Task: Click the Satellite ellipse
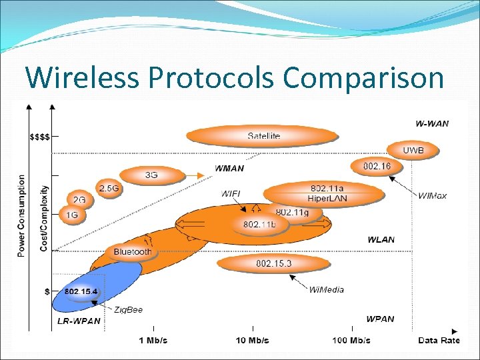tap(263, 136)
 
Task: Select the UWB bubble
tap(413, 151)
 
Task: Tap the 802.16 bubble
tap(377, 165)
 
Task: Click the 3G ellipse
tap(152, 175)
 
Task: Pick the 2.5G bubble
tap(109, 189)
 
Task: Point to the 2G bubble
tap(79, 200)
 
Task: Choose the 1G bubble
tap(72, 215)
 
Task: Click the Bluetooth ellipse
tap(132, 252)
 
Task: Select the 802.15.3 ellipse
tap(273, 264)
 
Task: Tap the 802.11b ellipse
tap(259, 225)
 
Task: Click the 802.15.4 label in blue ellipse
tap(81, 291)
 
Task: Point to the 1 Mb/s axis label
tap(153, 341)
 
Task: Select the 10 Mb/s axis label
tap(252, 341)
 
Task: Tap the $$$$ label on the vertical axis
tap(39, 137)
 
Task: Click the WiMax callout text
tap(433, 195)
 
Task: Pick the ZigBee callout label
tap(128, 310)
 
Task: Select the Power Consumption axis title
tap(22, 215)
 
